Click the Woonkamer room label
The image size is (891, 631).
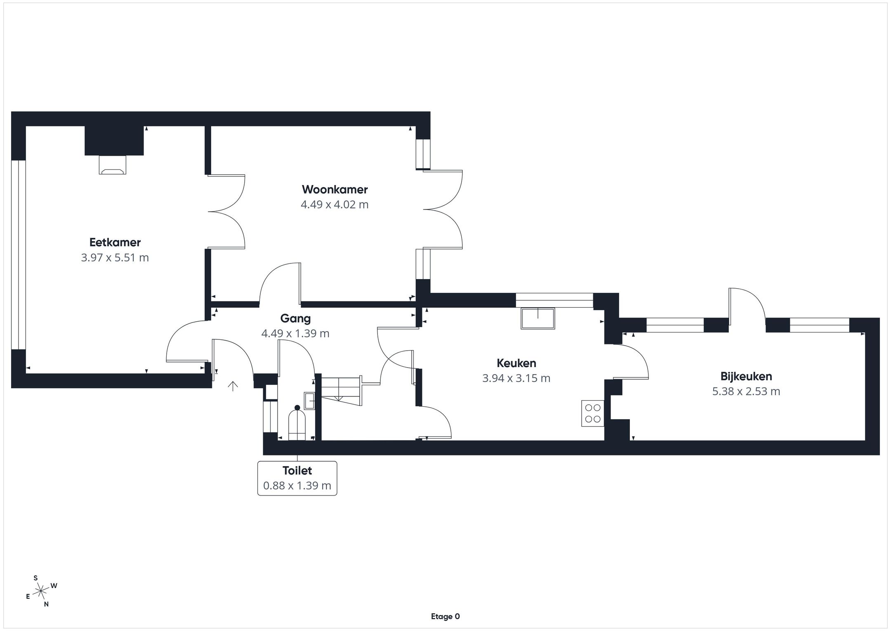pyautogui.click(x=335, y=190)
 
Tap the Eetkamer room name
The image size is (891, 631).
pyautogui.click(x=115, y=242)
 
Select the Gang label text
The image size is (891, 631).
pyautogui.click(x=295, y=318)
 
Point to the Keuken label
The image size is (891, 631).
pyautogui.click(x=516, y=363)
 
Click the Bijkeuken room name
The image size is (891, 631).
pyautogui.click(x=746, y=377)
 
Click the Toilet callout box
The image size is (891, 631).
pyautogui.click(x=297, y=478)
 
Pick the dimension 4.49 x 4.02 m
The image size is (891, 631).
pyautogui.click(x=335, y=205)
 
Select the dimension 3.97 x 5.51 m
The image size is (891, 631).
pyautogui.click(x=115, y=258)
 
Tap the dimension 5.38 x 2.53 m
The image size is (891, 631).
pyautogui.click(x=746, y=391)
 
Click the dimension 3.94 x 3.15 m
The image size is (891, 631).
pyautogui.click(x=516, y=378)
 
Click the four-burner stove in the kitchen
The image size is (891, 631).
pyautogui.click(x=593, y=413)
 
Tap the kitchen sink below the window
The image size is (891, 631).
pyautogui.click(x=538, y=318)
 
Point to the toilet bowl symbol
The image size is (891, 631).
pyautogui.click(x=297, y=423)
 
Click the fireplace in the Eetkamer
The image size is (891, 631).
pyautogui.click(x=112, y=165)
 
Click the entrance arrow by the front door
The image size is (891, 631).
pyautogui.click(x=233, y=386)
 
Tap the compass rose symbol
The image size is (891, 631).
pyautogui.click(x=41, y=592)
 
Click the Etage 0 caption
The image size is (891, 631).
pyautogui.click(x=445, y=617)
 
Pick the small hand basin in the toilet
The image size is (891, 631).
pyautogui.click(x=309, y=401)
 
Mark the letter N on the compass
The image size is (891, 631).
pyautogui.click(x=46, y=604)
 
